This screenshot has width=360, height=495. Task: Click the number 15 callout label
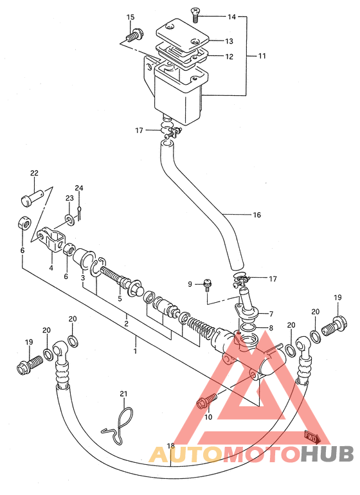coord(130,17)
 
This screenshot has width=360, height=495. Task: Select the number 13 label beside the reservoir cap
coord(229,41)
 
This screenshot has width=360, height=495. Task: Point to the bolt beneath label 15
coord(134,35)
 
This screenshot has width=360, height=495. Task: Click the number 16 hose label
coord(256,215)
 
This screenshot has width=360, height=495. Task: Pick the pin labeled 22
coord(32,198)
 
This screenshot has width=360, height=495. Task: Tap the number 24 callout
coord(79,188)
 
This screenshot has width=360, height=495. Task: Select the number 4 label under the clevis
coord(51,268)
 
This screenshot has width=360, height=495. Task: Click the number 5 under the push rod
coord(120,298)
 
